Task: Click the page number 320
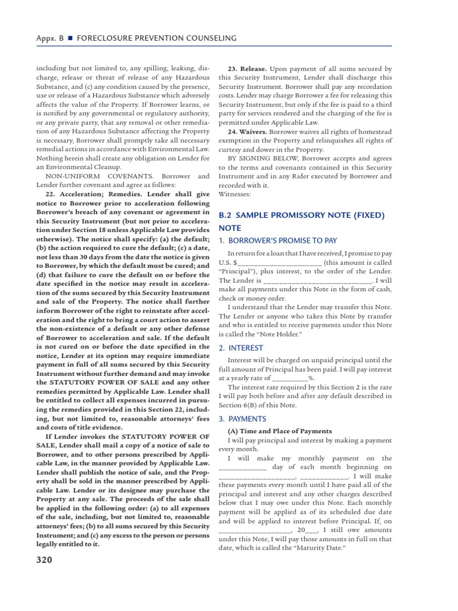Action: tap(44, 560)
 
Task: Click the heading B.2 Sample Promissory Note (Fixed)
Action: tap(302, 215)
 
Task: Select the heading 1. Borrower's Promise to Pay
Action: tap(278, 240)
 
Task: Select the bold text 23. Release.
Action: tap(249, 69)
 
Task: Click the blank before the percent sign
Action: tap(289, 378)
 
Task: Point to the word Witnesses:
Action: tap(235, 193)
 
